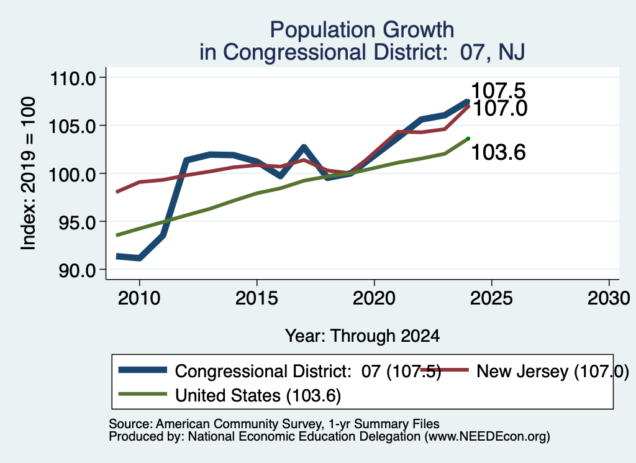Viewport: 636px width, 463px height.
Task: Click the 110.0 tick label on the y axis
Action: coord(73,78)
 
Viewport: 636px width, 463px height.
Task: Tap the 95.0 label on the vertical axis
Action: coord(77,222)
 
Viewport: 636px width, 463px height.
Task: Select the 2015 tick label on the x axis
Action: coord(257,299)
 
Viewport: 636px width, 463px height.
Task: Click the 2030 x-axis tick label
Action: coord(609,299)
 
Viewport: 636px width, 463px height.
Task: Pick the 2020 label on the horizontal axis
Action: coord(374,299)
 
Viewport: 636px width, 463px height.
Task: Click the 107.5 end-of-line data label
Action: coord(498,91)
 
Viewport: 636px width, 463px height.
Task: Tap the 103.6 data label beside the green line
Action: coord(499,153)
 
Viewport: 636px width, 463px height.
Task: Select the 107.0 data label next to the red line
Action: coord(500,108)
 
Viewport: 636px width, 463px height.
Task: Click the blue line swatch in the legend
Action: coord(143,370)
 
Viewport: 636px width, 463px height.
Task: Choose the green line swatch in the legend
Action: coord(143,394)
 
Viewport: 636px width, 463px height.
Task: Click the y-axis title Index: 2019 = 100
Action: coord(28,173)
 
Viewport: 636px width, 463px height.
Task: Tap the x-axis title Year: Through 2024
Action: coord(362,336)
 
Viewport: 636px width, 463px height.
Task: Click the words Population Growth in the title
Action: coord(362,30)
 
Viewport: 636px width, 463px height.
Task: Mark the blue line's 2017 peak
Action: coord(303,147)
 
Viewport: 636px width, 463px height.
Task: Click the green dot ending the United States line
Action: coord(468,139)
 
